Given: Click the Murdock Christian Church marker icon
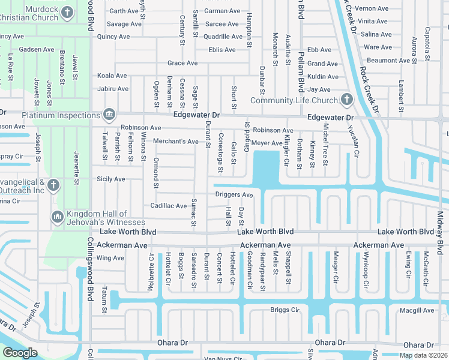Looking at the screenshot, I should (x=68, y=11).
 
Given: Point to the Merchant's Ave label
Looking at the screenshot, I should (x=176, y=142).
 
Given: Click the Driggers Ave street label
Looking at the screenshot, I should (x=234, y=194).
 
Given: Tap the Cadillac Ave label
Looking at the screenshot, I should (x=168, y=206).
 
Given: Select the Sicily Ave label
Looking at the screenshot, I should (x=111, y=179).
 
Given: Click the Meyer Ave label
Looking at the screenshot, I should (x=267, y=143).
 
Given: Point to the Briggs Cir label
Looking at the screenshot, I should (x=285, y=310).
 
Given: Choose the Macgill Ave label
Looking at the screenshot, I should (x=417, y=310).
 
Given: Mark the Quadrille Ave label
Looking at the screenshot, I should (x=223, y=36).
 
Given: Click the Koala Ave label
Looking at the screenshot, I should (x=112, y=76).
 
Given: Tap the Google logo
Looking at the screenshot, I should (x=20, y=352).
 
